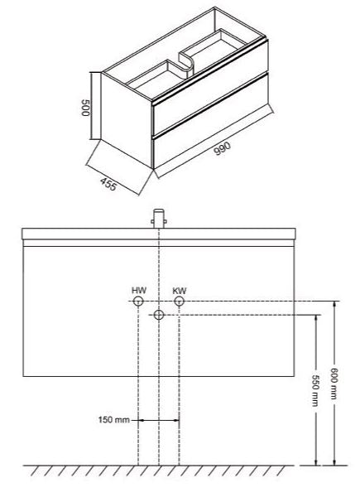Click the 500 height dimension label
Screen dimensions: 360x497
click(86, 108)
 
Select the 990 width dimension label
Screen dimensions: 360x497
click(223, 148)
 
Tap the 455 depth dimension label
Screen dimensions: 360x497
click(108, 184)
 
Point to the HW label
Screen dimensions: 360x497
click(139, 291)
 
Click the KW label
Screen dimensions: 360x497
click(180, 291)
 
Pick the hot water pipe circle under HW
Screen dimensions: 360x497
click(138, 302)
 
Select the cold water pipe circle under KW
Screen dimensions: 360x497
click(180, 302)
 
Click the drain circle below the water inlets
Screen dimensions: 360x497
click(159, 315)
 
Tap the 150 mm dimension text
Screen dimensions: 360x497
click(114, 420)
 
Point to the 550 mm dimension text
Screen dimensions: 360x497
click(315, 391)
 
